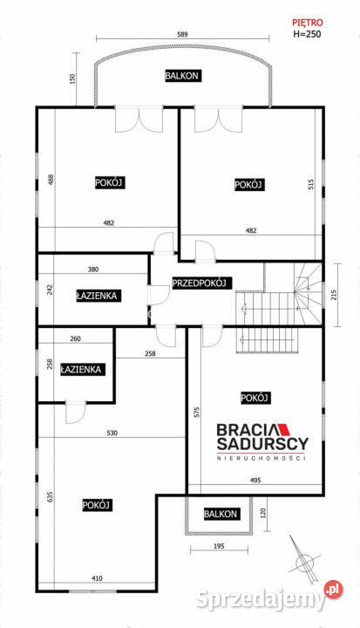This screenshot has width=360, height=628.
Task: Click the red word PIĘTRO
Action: (307, 23)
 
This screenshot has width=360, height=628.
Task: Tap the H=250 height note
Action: (307, 34)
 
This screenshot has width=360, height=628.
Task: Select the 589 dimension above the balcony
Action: (182, 34)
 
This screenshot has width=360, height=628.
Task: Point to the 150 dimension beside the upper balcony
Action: (72, 78)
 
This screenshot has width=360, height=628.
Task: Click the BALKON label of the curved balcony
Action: (182, 76)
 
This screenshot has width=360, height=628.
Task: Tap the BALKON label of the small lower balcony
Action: (221, 514)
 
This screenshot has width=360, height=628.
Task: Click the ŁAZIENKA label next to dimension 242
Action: (97, 296)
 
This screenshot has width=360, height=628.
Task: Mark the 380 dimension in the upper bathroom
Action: (93, 270)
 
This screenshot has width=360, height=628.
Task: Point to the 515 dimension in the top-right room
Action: (311, 184)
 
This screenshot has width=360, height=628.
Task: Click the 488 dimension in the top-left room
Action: (51, 179)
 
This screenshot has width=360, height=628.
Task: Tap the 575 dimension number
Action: (197, 412)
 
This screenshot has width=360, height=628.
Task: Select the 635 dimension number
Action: (50, 496)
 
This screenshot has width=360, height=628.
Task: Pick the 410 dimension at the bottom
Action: (98, 578)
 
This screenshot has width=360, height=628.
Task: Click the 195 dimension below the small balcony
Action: (219, 546)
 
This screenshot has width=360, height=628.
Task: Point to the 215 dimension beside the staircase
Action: (335, 295)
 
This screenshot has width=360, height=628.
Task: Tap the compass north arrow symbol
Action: (304, 559)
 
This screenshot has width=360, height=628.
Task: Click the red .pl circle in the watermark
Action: (333, 590)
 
